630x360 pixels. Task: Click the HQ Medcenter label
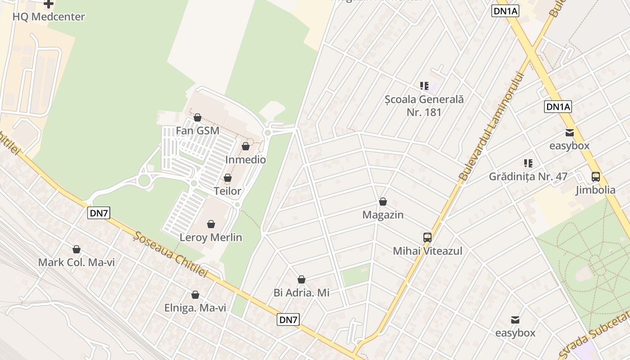tap(49, 17)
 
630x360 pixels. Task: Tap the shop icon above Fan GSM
tap(197, 118)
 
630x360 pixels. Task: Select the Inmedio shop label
tap(245, 160)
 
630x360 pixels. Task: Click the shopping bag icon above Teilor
tap(228, 178)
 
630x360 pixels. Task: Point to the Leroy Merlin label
tap(211, 237)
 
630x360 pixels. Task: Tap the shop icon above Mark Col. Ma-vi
tap(76, 249)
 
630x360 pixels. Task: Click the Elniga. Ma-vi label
tap(195, 308)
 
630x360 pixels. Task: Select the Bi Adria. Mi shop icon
tap(301, 280)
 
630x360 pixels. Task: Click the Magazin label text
tap(382, 215)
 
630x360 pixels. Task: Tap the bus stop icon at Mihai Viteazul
tap(427, 238)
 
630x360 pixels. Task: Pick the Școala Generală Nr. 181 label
tap(424, 105)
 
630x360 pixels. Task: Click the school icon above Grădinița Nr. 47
tap(528, 163)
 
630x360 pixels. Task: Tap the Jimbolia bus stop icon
tap(596, 177)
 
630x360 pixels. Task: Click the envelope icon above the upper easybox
tap(570, 133)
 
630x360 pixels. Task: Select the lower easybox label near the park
tap(515, 333)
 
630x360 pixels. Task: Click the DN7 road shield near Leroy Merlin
tap(99, 213)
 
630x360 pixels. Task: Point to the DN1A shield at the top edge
tap(505, 11)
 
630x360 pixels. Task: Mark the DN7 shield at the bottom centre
tap(288, 320)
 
